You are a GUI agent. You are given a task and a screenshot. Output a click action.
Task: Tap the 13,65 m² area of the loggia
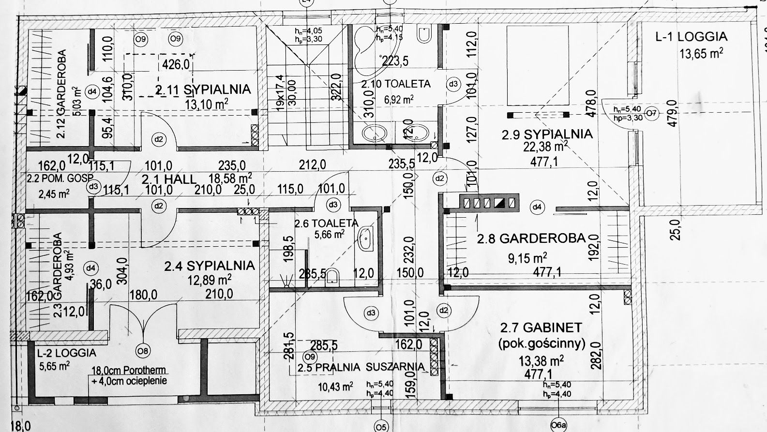click(701, 53)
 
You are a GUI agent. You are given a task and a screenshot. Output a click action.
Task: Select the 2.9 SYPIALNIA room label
click(547, 134)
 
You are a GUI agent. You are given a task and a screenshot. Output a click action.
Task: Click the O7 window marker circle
click(652, 115)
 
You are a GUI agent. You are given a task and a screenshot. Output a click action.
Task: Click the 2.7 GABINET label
click(541, 328)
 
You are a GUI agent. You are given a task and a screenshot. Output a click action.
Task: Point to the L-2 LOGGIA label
click(66, 353)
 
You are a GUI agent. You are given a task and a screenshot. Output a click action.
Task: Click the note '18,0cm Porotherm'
click(128, 370)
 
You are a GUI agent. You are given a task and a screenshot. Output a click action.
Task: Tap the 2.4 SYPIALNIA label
click(209, 266)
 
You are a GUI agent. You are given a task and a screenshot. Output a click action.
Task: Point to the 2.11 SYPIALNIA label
click(203, 89)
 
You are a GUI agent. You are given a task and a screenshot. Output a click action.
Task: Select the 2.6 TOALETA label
click(326, 223)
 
